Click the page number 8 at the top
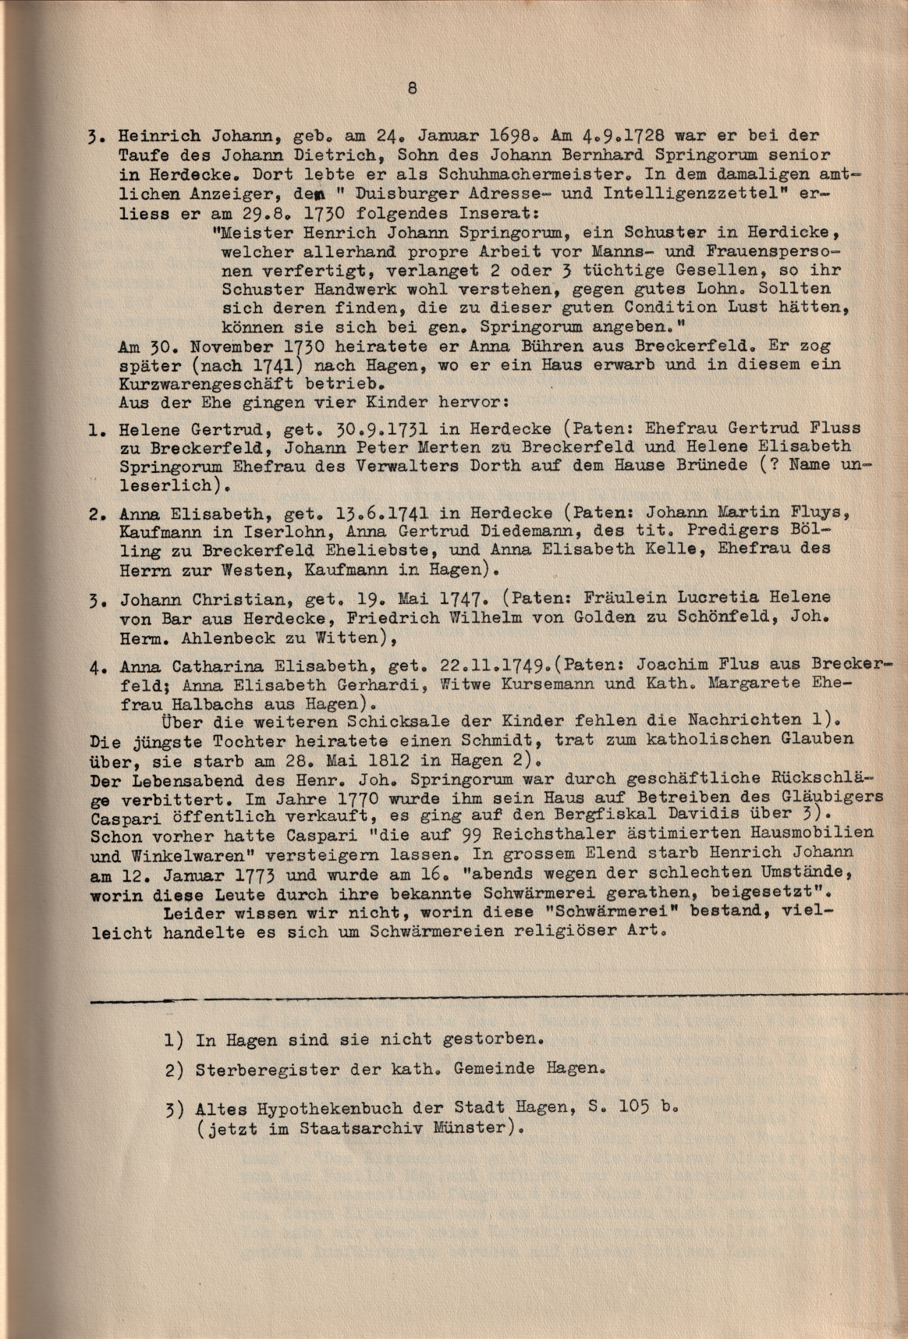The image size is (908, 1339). click(412, 88)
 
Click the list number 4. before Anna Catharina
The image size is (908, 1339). click(97, 668)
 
